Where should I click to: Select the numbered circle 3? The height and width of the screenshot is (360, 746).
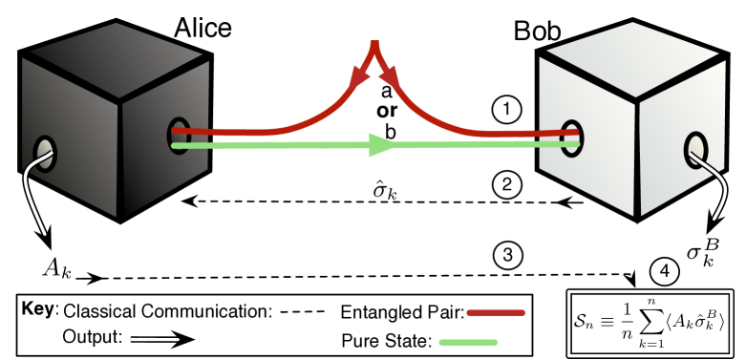(x=507, y=254)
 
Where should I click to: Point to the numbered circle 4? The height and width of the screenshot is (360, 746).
(x=665, y=270)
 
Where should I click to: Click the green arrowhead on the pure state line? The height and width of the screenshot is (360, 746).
(x=381, y=146)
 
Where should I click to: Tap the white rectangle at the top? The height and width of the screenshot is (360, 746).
(x=390, y=32)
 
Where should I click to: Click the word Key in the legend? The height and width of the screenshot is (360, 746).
(x=38, y=311)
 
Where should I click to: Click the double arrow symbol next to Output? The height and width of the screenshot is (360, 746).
(x=162, y=339)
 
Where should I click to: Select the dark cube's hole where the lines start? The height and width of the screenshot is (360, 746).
(x=179, y=135)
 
